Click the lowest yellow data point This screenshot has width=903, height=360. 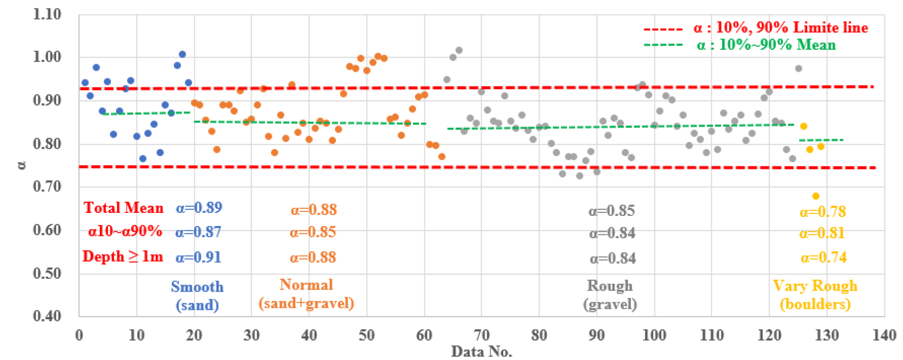pyautogui.click(x=816, y=196)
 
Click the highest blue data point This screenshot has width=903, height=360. pyautogui.click(x=182, y=54)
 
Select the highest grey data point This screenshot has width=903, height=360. pyautogui.click(x=459, y=50)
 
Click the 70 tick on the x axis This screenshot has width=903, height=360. pyautogui.click(x=481, y=335)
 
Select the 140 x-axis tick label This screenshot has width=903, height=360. pyautogui.click(x=884, y=335)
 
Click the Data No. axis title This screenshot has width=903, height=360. pyautogui.click(x=481, y=351)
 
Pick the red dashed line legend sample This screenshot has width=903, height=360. pyautogui.click(x=663, y=29)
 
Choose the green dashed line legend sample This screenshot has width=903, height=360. pyautogui.click(x=663, y=45)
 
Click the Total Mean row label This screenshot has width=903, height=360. pyautogui.click(x=124, y=208)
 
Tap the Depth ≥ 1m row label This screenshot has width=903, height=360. pyautogui.click(x=123, y=257)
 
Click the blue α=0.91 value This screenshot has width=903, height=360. pyautogui.click(x=198, y=258)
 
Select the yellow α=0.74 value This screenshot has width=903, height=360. pyautogui.click(x=823, y=258)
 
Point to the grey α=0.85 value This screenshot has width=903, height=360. pyautogui.click(x=611, y=210)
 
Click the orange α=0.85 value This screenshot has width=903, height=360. pyautogui.click(x=312, y=232)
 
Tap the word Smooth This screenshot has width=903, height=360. pyautogui.click(x=197, y=287)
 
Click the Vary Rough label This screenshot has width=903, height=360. pyautogui.click(x=815, y=286)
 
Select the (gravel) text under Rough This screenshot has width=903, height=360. pyautogui.click(x=610, y=304)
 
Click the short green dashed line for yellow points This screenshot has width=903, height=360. pyautogui.click(x=821, y=140)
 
